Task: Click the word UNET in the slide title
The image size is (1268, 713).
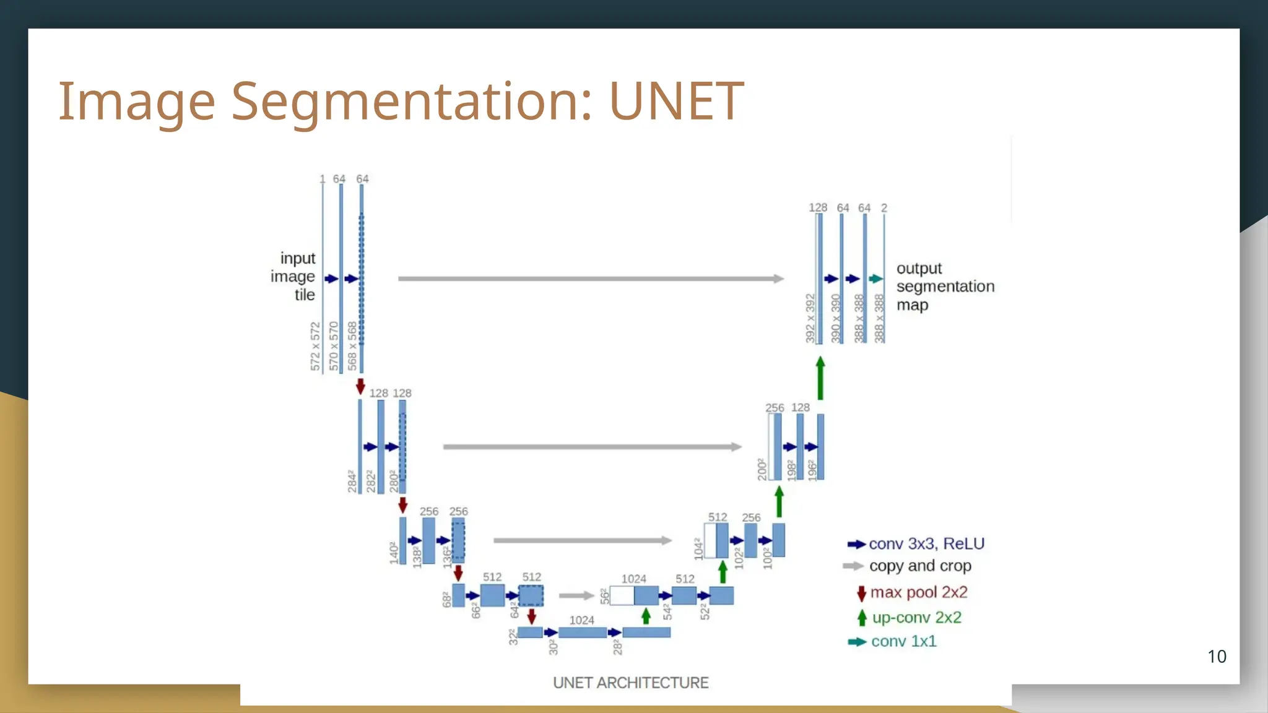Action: [x=676, y=101]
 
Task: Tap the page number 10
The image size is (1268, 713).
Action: [x=1217, y=656]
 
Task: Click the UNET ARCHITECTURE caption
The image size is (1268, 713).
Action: [x=630, y=683]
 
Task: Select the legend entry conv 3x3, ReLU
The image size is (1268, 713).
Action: [x=926, y=543]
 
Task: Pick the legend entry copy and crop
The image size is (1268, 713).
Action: [x=919, y=566]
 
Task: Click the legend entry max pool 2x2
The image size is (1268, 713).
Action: [x=918, y=592]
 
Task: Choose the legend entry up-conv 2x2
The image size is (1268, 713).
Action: [x=916, y=617]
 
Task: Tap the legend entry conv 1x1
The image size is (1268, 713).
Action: [x=903, y=641]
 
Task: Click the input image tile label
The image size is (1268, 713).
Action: [x=293, y=276]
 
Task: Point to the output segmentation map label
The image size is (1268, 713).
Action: [x=944, y=287]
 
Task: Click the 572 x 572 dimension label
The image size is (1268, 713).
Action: [x=316, y=347]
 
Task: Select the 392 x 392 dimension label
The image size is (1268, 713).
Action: [x=810, y=318]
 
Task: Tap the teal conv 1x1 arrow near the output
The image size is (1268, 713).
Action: [x=875, y=279]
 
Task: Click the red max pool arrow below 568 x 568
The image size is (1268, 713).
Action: [x=360, y=386]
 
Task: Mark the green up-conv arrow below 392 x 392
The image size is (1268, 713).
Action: [x=820, y=378]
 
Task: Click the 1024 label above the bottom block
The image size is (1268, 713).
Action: [x=581, y=620]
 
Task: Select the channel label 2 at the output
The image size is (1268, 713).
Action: [x=884, y=208]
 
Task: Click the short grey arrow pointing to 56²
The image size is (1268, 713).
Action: [x=576, y=595]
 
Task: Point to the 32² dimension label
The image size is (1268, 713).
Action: [x=513, y=637]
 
